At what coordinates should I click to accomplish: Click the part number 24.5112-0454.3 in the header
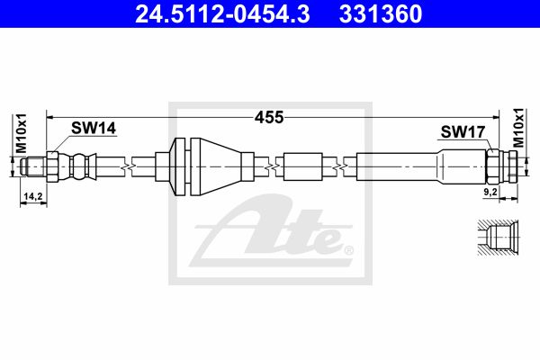pyautogui.click(x=223, y=13)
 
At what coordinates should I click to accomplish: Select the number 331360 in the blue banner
pyautogui.click(x=381, y=13)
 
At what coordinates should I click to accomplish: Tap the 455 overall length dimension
pyautogui.click(x=269, y=118)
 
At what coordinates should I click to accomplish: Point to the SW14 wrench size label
pyautogui.click(x=94, y=128)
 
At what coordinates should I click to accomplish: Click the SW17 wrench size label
pyautogui.click(x=463, y=131)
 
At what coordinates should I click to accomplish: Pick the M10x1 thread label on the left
pyautogui.click(x=21, y=133)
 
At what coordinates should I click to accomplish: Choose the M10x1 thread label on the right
pyautogui.click(x=518, y=128)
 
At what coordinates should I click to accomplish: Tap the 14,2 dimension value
pyautogui.click(x=32, y=197)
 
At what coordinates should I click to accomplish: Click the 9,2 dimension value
pyautogui.click(x=490, y=192)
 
